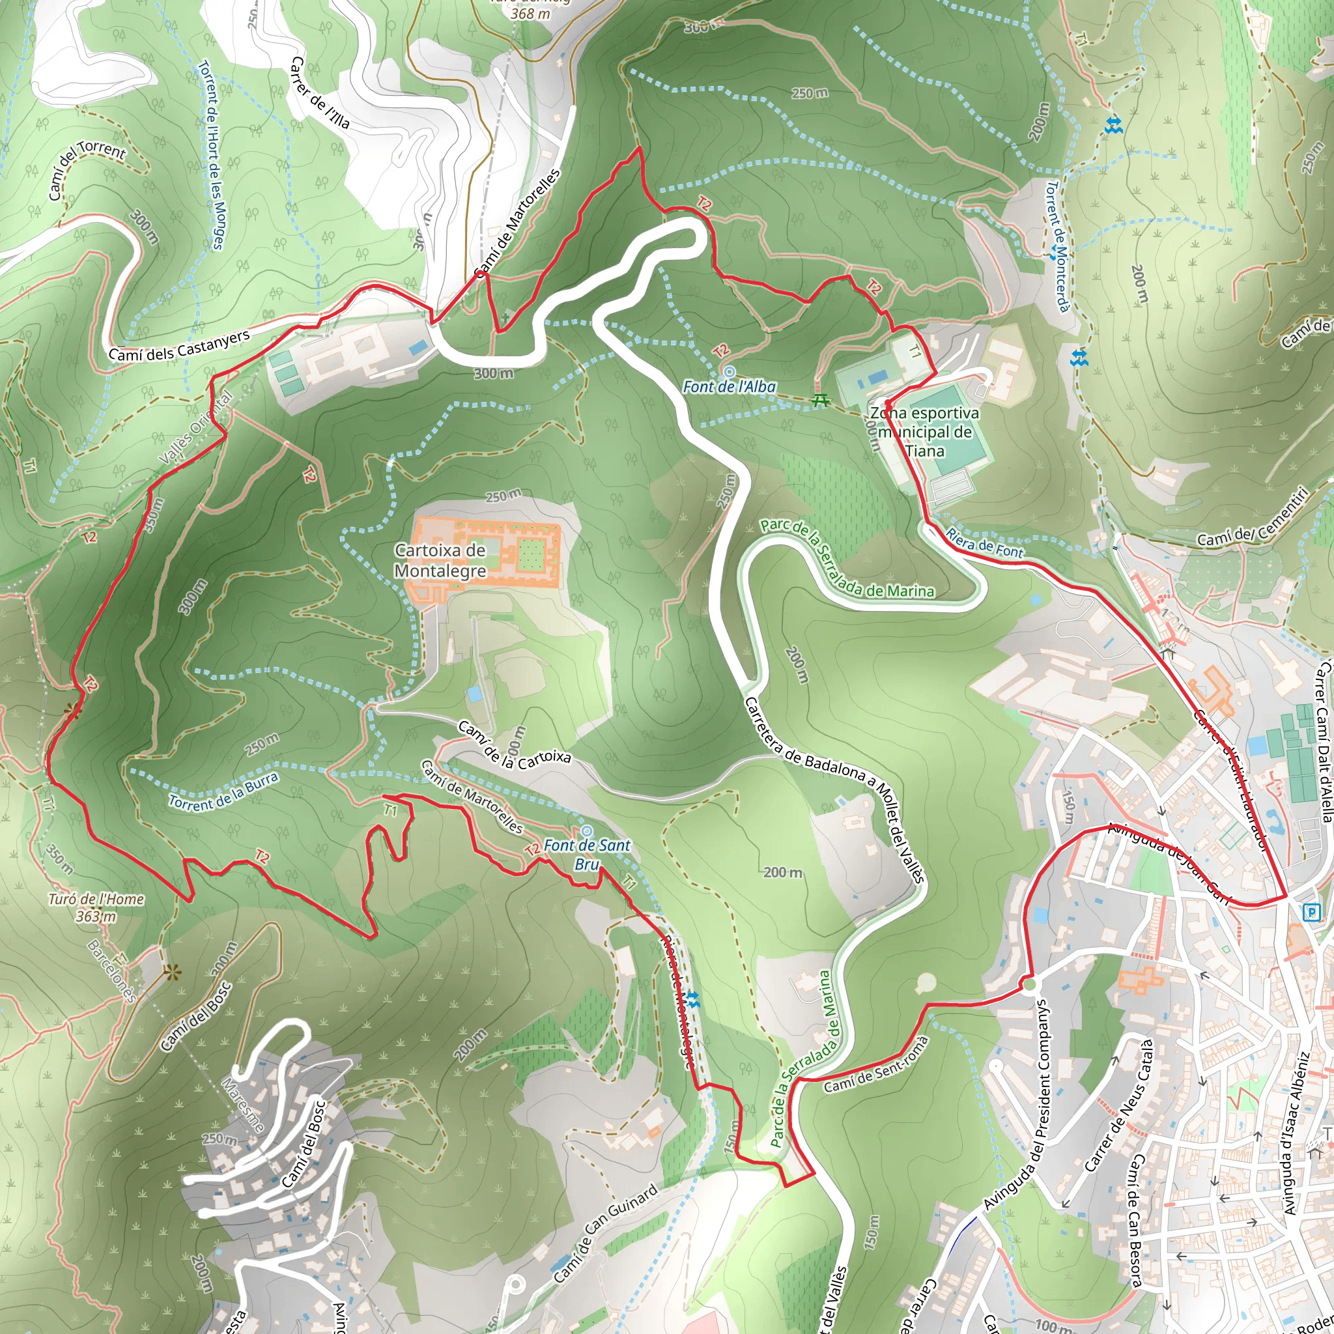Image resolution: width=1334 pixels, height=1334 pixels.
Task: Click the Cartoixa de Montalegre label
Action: (x=440, y=561)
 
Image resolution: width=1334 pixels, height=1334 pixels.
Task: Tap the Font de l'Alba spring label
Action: (x=729, y=387)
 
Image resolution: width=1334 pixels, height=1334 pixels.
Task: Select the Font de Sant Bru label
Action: (x=587, y=854)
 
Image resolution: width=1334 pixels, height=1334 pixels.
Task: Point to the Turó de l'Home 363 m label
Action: (x=96, y=907)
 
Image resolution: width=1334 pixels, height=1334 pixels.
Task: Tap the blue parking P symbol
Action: (x=1310, y=913)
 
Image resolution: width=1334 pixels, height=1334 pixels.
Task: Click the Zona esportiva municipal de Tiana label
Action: (x=924, y=432)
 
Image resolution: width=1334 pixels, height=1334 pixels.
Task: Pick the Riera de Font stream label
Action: (x=984, y=543)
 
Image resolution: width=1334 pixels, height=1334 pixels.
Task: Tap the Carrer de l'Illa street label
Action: (x=319, y=93)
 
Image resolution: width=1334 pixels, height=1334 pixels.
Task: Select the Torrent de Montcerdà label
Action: (x=1057, y=246)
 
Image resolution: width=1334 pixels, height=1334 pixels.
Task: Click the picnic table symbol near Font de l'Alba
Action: (x=820, y=400)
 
